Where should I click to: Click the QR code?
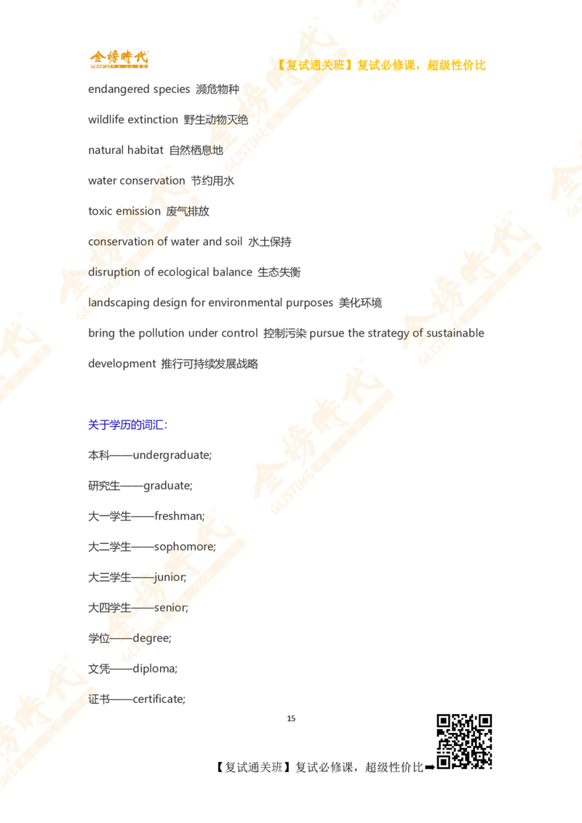pos(463,741)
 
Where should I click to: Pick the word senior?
pos(175,608)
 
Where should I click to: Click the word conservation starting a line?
pos(121,241)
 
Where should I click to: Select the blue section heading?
pos(127,425)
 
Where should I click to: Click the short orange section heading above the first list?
pos(119,60)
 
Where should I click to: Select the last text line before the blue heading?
pos(175,364)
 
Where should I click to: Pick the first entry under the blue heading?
pos(151,456)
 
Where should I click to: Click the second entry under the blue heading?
pos(143,486)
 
